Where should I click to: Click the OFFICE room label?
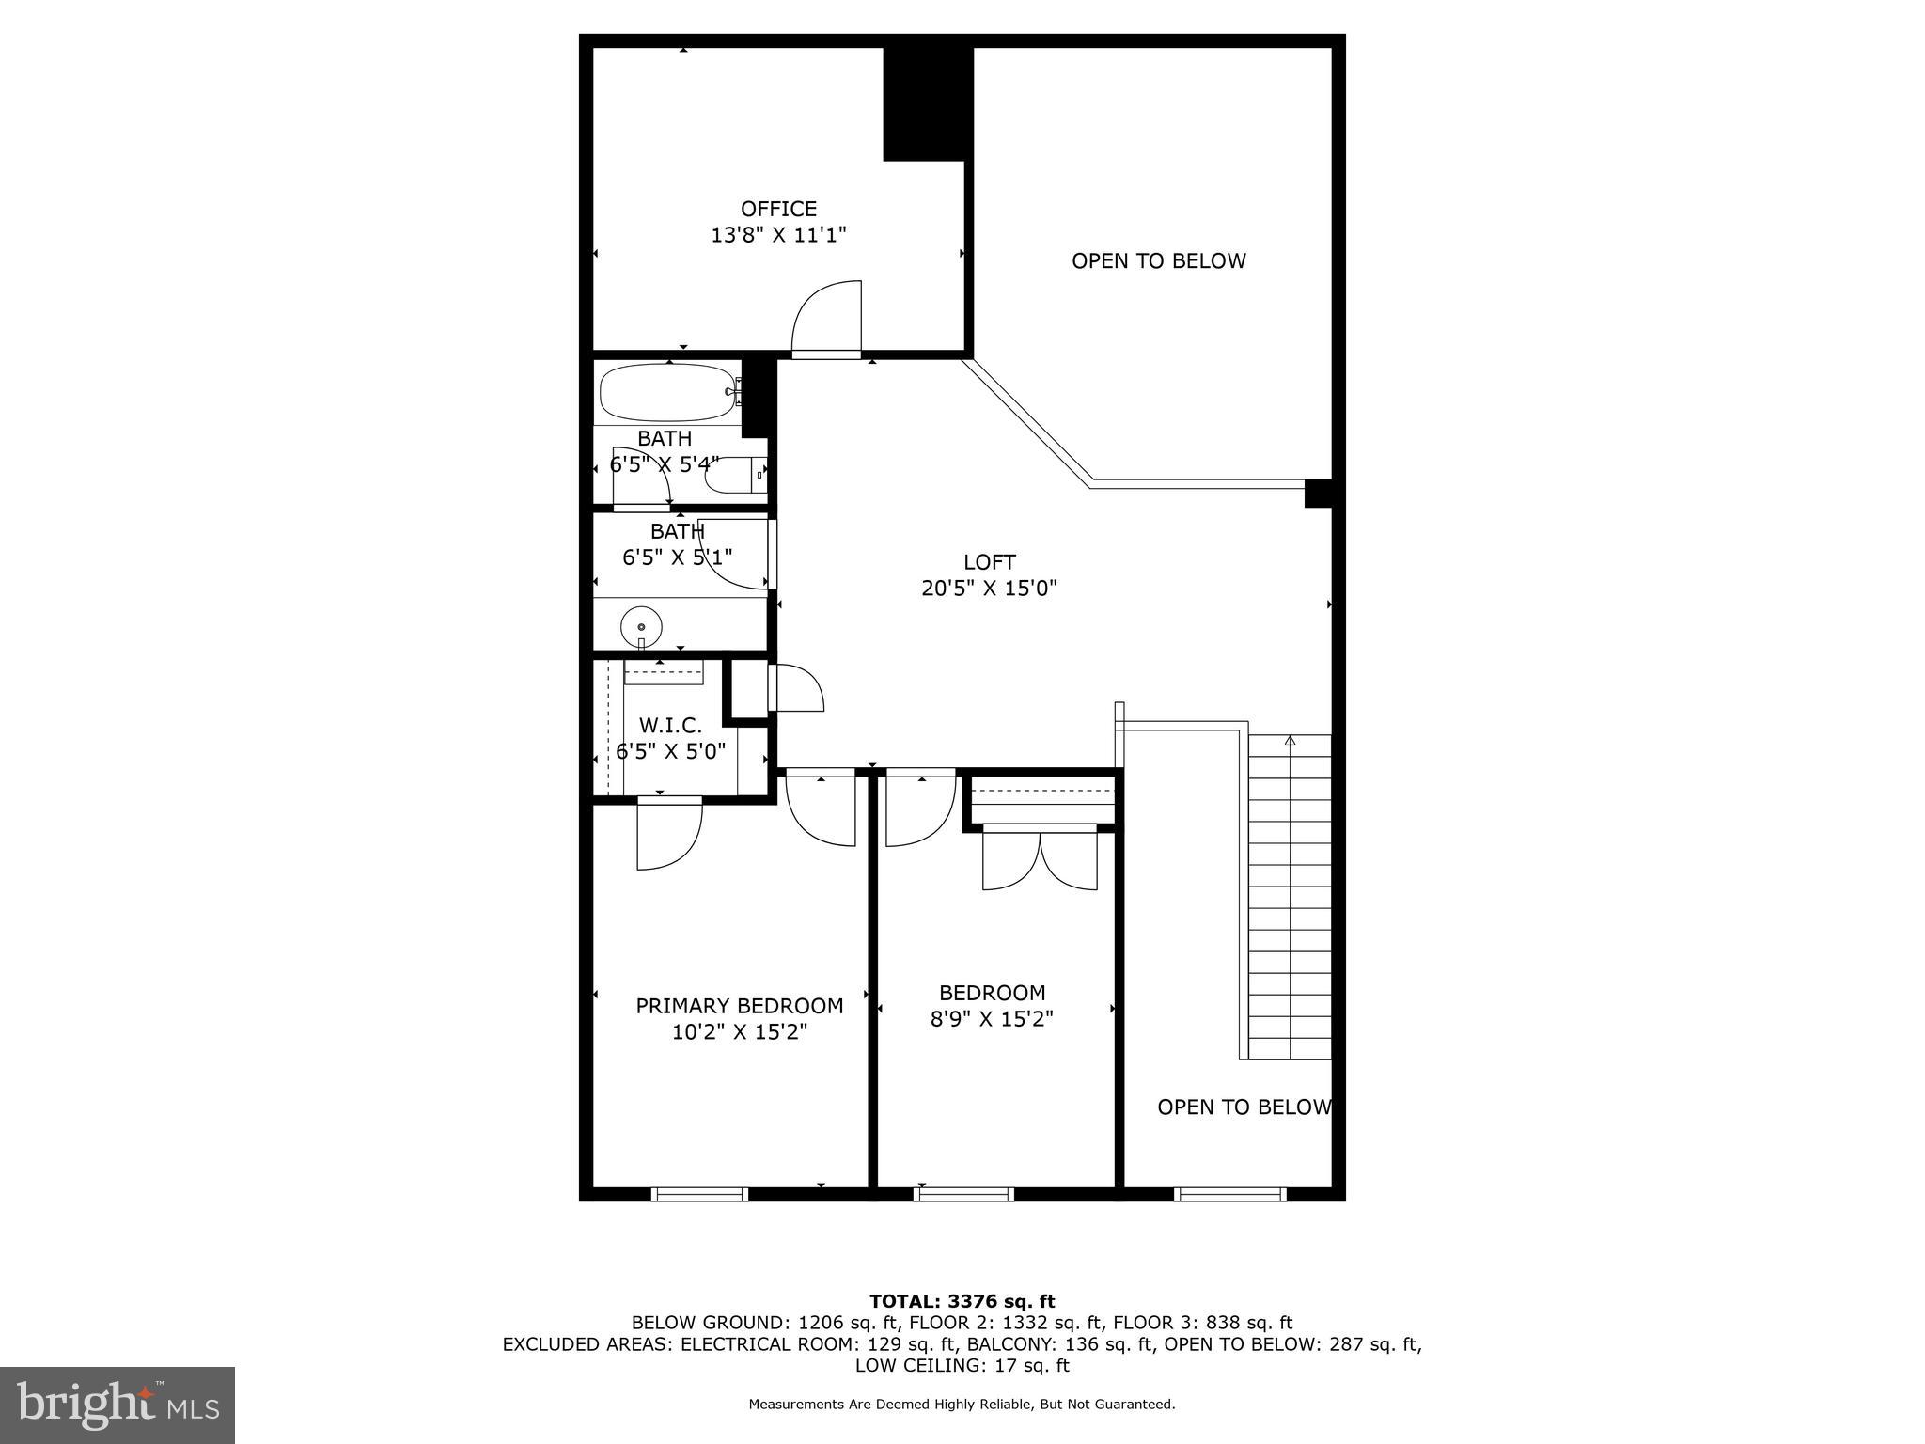click(778, 209)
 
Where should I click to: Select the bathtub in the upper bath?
click(667, 392)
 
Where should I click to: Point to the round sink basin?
click(642, 626)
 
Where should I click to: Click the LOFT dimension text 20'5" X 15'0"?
click(989, 589)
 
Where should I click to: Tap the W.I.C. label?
click(670, 726)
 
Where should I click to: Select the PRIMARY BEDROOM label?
click(739, 1006)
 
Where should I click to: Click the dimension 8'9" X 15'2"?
click(992, 1018)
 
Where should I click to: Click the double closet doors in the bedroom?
click(1040, 860)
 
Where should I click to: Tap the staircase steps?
click(1290, 898)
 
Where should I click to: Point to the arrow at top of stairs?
click(1290, 741)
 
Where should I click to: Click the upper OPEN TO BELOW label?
click(1158, 261)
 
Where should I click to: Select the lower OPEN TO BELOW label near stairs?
click(1244, 1107)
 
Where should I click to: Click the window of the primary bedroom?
click(699, 1195)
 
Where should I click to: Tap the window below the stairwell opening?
click(1229, 1195)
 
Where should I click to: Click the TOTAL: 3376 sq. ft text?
click(962, 1301)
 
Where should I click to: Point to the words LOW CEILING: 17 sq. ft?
click(962, 1365)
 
